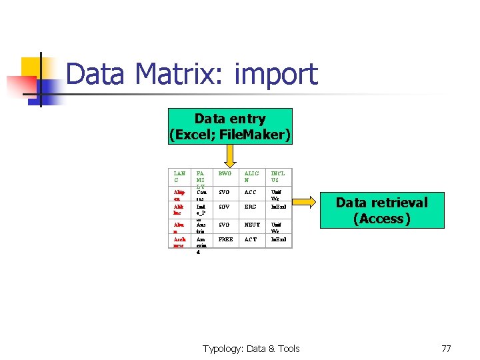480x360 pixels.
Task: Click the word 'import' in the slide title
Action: click(276, 75)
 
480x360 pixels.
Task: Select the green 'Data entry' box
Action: click(230, 127)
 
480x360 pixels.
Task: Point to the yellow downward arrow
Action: click(230, 156)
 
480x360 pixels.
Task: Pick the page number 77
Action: click(446, 348)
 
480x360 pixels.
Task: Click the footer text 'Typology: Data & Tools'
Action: click(251, 348)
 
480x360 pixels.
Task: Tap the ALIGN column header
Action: click(251, 177)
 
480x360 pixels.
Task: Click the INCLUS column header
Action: click(278, 177)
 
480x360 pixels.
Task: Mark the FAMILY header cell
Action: click(201, 179)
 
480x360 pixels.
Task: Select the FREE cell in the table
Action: click(226, 239)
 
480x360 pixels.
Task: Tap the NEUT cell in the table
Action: click(252, 225)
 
